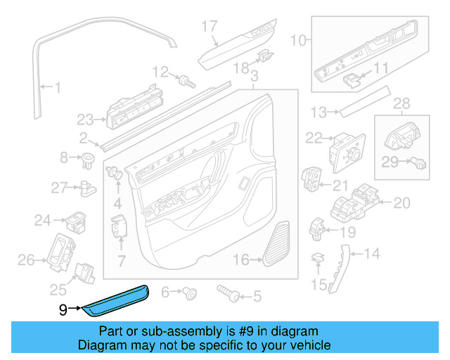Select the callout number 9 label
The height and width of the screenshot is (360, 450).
click(x=63, y=308)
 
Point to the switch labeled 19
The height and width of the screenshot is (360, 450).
click(x=317, y=227)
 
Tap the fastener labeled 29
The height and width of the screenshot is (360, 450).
click(x=418, y=162)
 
